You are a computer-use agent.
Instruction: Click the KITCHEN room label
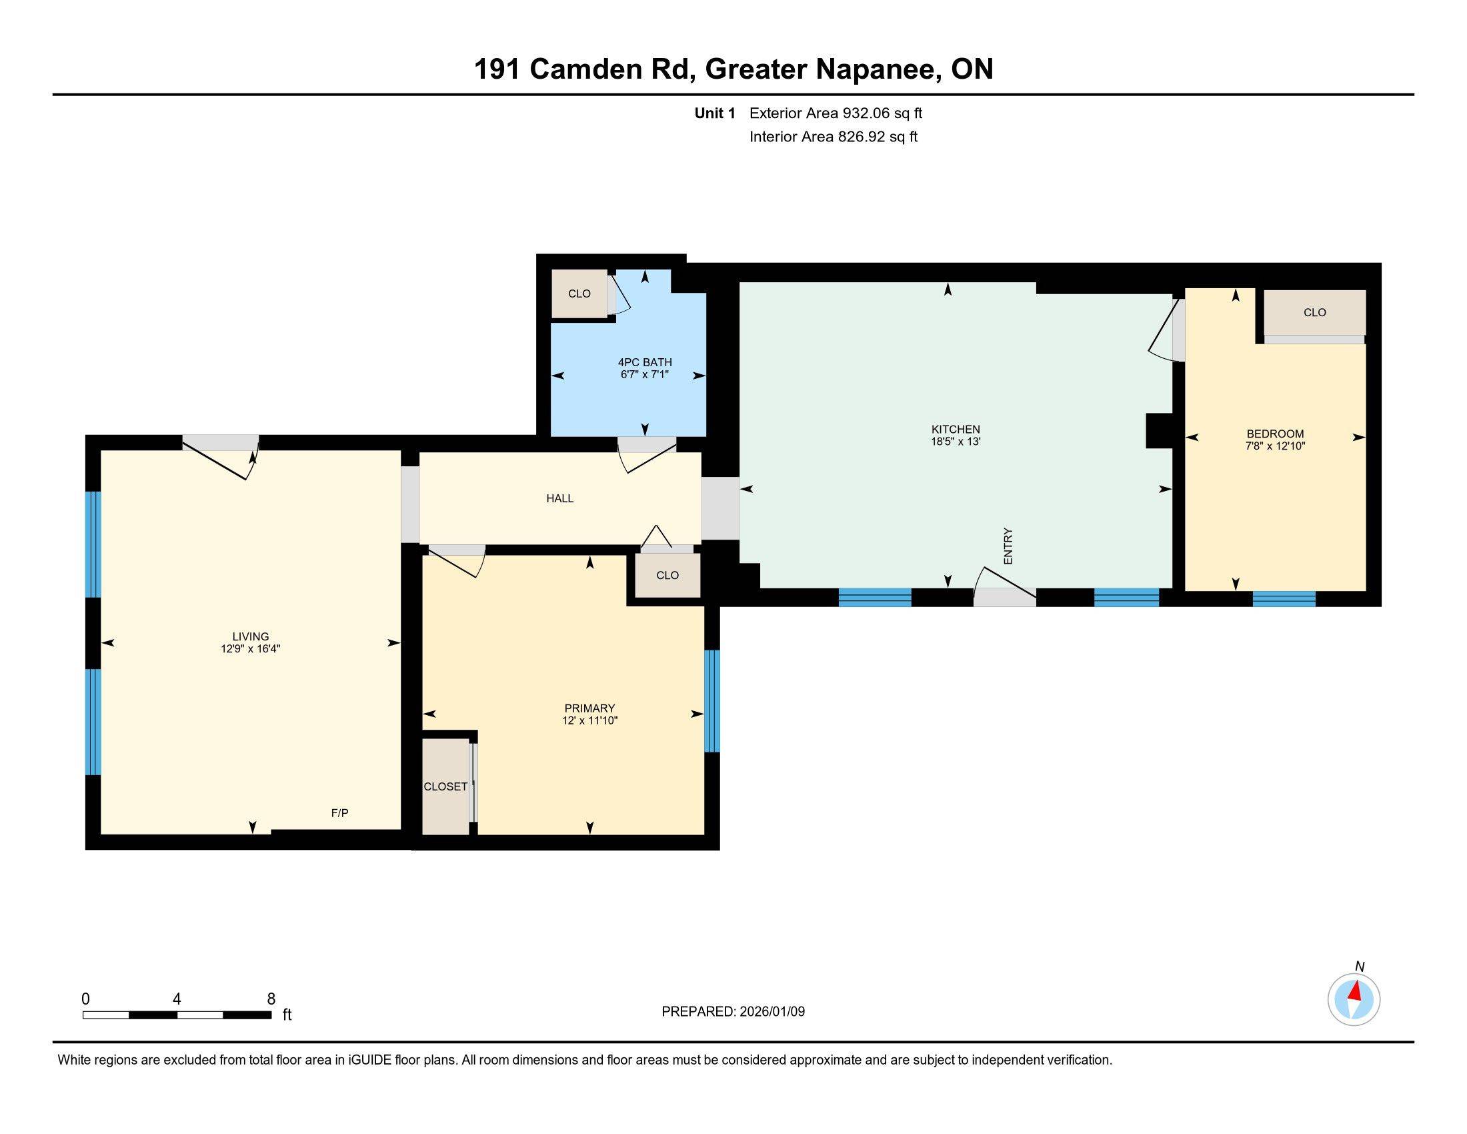(955, 430)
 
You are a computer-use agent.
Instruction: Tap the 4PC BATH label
(644, 362)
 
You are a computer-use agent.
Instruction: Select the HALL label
(559, 498)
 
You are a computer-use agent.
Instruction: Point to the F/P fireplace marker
(339, 813)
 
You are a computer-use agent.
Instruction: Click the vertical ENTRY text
(1008, 546)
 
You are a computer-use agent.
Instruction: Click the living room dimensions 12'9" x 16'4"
(250, 649)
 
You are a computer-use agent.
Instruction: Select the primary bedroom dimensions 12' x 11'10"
(589, 720)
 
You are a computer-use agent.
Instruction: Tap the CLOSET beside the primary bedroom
(445, 786)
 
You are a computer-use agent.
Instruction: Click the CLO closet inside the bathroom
(579, 294)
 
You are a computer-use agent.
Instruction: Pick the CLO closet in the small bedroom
(1314, 312)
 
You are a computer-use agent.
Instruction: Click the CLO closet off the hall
(667, 575)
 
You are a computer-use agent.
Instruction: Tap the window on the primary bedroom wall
(711, 700)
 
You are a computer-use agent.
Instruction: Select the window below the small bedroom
(1283, 598)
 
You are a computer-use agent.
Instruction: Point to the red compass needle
(1356, 991)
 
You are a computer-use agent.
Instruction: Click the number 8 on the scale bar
(271, 999)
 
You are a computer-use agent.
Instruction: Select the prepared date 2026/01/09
(771, 1012)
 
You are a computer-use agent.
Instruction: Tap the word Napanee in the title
(877, 69)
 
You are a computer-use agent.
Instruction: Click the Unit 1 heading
(715, 113)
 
